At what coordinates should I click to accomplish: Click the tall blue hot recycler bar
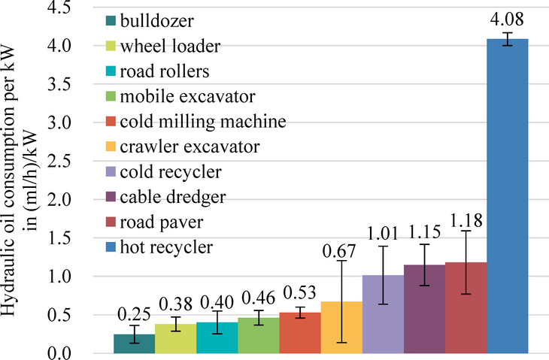pyautogui.click(x=508, y=195)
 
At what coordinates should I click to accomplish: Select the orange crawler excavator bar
pyautogui.click(x=341, y=328)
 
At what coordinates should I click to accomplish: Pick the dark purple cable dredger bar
pyautogui.click(x=424, y=309)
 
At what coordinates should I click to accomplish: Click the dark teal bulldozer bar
pyautogui.click(x=135, y=344)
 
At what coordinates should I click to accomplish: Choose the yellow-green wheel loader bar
pyautogui.click(x=176, y=339)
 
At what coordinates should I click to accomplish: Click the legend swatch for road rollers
pyautogui.click(x=110, y=72)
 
